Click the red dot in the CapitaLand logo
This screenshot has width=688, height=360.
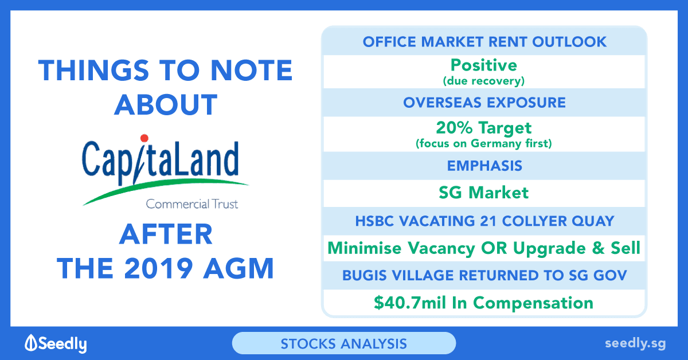tap(144, 138)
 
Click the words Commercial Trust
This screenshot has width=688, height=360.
tap(192, 204)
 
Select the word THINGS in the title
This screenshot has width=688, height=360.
tap(93, 71)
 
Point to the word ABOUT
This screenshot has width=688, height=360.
tap(166, 105)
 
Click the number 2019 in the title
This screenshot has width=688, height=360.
tap(158, 268)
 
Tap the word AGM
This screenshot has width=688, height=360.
tap(239, 268)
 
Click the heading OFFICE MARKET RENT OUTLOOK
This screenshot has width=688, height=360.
tap(484, 42)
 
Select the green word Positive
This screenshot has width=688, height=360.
tap(484, 65)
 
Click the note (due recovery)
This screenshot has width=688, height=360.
tap(484, 81)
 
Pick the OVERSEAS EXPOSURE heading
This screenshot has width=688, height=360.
tap(484, 103)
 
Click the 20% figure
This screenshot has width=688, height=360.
tap(454, 127)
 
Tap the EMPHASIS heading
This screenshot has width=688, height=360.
tap(484, 166)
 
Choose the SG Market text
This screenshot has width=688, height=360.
tap(484, 193)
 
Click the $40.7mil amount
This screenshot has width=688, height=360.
tap(410, 303)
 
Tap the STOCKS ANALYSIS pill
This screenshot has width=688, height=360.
tap(344, 343)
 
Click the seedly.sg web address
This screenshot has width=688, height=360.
tap(635, 343)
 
